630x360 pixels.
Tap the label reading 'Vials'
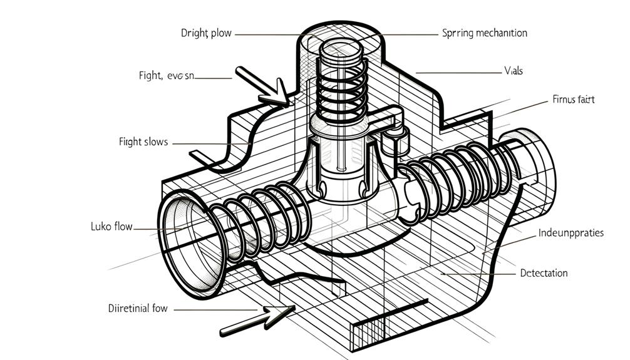tap(513, 71)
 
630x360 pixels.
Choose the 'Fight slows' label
tap(143, 142)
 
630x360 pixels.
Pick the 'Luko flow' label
tap(111, 226)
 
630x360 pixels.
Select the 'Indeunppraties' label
tap(571, 233)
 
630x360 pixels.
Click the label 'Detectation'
tap(544, 273)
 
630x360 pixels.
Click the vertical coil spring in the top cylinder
tap(339, 88)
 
